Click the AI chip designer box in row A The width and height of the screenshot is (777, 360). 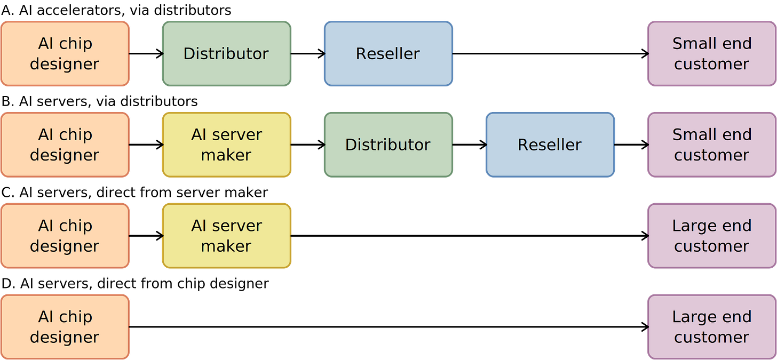[x=65, y=54]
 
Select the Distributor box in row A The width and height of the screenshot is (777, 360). [x=226, y=54]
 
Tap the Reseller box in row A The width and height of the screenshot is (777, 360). [x=388, y=54]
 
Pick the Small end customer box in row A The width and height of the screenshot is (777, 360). [x=712, y=54]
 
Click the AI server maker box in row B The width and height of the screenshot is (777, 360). [x=226, y=145]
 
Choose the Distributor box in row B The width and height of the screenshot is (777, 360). [x=388, y=145]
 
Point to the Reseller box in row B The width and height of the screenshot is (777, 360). [x=550, y=145]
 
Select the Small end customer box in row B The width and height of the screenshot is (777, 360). [x=712, y=145]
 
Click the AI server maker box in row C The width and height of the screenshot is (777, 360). [x=226, y=236]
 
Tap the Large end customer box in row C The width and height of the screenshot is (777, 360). [x=712, y=236]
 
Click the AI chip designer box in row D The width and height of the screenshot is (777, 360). [x=65, y=327]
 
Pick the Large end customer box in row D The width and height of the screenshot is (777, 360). [x=712, y=327]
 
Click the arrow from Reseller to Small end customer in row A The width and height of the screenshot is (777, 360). [x=551, y=54]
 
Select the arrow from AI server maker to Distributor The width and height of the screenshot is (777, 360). [x=308, y=145]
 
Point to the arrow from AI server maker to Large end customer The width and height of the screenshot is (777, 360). [x=470, y=236]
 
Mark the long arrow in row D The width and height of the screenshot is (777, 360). [x=388, y=327]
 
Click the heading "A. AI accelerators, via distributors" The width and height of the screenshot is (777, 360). [x=116, y=11]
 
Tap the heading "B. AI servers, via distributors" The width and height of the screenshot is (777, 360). [x=100, y=101]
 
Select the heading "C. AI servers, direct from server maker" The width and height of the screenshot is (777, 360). [x=134, y=193]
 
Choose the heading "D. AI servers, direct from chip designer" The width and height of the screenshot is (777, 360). [x=135, y=284]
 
